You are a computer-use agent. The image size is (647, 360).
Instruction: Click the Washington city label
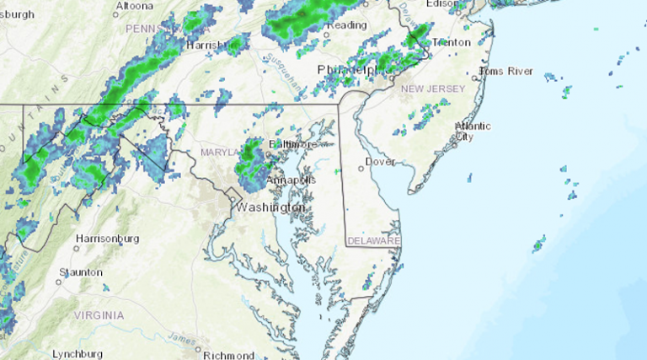[x=270, y=207]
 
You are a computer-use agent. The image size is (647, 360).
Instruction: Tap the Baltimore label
[x=290, y=145]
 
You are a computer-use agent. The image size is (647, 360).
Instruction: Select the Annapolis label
[x=291, y=180]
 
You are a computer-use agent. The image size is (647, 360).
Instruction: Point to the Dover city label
[x=381, y=162]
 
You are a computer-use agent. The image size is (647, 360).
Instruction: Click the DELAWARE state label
[x=374, y=241]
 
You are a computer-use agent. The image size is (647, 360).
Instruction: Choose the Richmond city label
[x=229, y=355]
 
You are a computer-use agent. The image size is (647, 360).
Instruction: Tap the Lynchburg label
[x=78, y=354]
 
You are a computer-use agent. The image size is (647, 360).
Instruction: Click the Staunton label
[x=81, y=272]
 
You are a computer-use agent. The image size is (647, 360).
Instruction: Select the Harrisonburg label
[x=107, y=239]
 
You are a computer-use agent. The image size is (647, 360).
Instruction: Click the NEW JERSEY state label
[x=431, y=89]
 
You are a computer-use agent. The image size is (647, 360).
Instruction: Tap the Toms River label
[x=509, y=72]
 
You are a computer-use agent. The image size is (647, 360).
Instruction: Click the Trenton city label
[x=451, y=41]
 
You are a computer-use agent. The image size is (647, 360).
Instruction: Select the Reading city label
[x=347, y=25]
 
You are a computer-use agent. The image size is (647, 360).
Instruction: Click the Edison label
[x=443, y=3]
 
